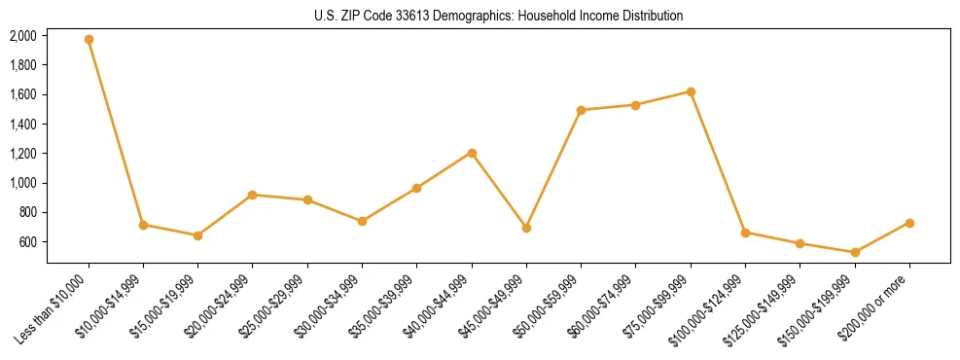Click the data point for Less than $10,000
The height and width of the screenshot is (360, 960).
coord(89,40)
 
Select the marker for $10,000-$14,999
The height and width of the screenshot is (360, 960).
coord(143,225)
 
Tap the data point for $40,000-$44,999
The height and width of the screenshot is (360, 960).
coord(472,153)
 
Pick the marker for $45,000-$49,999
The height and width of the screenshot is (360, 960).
coord(526,228)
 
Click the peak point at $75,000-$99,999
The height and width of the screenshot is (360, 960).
coord(691,91)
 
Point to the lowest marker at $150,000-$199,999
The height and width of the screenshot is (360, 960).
coord(855,252)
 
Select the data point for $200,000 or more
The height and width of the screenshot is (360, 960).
coord(909,223)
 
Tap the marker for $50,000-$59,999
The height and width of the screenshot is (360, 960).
coord(581,110)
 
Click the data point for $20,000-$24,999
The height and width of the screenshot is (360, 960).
coord(253,195)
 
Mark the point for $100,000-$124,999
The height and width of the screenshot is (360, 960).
coord(745,233)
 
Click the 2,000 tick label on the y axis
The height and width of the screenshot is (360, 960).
coord(23,36)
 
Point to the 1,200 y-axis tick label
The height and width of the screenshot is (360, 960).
coord(23,154)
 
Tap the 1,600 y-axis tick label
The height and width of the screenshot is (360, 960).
coord(23,94)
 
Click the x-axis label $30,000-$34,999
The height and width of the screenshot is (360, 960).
coord(332,304)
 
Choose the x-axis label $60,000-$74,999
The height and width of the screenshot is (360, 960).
coord(605,304)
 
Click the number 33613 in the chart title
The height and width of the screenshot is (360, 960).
coord(429,16)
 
